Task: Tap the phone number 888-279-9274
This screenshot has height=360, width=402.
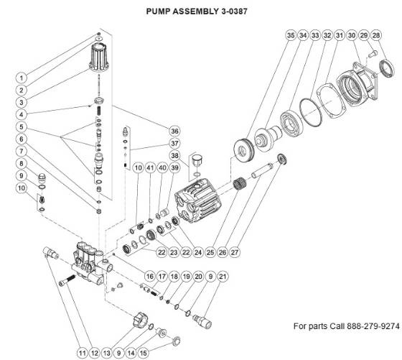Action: coord(369,326)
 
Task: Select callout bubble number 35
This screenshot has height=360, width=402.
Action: coord(291,35)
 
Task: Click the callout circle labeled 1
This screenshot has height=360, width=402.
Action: coord(22,77)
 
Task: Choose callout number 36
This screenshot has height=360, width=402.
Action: coord(174,131)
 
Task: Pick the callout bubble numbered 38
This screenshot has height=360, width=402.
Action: coord(174,155)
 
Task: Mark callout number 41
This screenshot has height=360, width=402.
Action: coord(150,167)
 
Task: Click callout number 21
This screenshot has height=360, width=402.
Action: coord(223,277)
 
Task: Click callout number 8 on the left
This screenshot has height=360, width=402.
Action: coord(22,163)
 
